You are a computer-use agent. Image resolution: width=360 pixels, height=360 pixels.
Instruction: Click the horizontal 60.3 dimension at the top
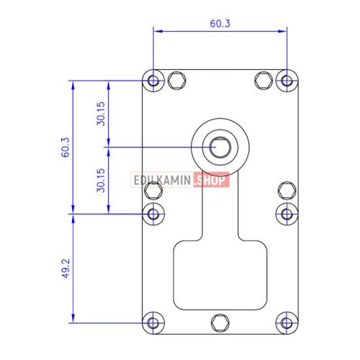click(x=220, y=23)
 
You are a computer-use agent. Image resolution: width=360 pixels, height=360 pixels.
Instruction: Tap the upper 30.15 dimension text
click(x=102, y=113)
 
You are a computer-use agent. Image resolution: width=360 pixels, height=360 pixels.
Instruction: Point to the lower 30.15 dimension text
click(x=102, y=180)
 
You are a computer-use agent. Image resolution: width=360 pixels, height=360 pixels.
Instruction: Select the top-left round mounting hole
click(x=153, y=80)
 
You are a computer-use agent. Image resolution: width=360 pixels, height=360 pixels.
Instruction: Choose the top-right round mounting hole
click(x=287, y=80)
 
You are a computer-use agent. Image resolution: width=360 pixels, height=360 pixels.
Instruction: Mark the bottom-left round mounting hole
click(x=153, y=323)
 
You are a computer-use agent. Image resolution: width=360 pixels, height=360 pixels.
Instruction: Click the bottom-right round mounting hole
click(x=287, y=323)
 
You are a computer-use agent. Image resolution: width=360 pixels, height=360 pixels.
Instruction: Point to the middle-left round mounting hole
click(x=153, y=214)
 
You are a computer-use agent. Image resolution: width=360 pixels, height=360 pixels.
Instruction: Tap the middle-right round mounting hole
click(x=287, y=214)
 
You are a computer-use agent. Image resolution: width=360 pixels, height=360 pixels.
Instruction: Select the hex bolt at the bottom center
click(x=220, y=323)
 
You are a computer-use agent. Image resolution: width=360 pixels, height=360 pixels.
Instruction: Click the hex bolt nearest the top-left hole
click(x=176, y=80)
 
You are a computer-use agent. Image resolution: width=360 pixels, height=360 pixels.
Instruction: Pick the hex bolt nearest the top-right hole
click(x=264, y=80)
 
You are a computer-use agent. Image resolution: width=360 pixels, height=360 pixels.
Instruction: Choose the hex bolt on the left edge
click(x=153, y=191)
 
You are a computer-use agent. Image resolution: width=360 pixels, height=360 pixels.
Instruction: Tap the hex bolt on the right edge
click(x=287, y=191)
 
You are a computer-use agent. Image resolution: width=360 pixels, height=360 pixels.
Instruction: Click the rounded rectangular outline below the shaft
click(x=220, y=277)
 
